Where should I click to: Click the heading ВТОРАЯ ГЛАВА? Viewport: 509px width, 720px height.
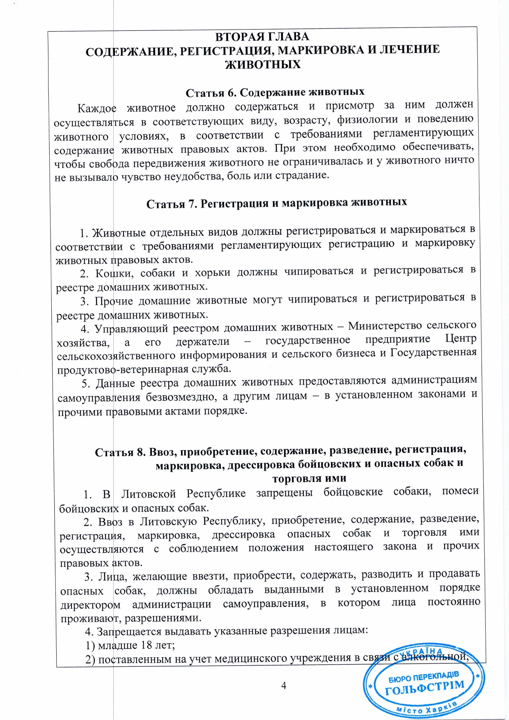point(262,37)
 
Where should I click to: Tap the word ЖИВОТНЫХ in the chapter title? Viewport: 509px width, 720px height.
point(263,64)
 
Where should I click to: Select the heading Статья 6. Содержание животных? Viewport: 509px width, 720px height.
point(275,92)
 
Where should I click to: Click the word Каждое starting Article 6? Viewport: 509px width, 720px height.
point(97,108)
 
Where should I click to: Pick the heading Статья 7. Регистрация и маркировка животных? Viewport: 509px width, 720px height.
point(277,203)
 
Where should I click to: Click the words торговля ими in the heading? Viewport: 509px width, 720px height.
point(309,479)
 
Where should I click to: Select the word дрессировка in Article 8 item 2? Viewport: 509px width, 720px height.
point(243,534)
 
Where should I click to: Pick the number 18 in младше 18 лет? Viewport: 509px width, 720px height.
point(146,645)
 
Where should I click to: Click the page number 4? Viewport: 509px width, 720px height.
point(284,685)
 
